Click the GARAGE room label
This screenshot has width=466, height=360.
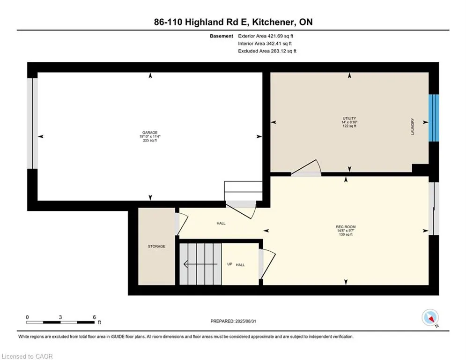150,133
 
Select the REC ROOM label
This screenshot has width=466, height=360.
346,227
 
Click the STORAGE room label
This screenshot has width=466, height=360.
156,247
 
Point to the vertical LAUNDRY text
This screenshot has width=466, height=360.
413,127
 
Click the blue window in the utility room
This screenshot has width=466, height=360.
434,117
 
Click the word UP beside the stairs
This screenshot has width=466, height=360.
229,264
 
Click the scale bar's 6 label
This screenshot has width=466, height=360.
95,317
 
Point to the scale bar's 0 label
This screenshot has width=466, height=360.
28,317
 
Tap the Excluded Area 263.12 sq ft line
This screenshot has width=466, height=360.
267,51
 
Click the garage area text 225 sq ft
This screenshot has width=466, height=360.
150,141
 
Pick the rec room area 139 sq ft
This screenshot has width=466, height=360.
346,235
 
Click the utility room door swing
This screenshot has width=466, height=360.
307,168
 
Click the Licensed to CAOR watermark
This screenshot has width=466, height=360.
27,356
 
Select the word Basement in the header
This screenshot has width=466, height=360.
222,36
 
